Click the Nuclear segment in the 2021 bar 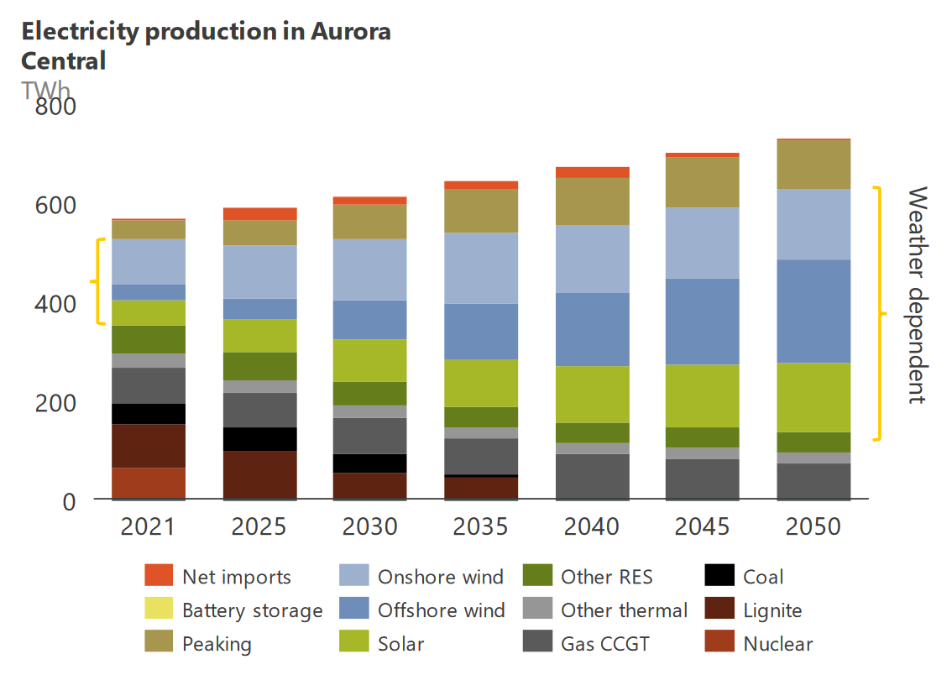[149, 483]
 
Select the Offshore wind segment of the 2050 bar [813, 311]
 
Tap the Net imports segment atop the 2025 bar [259, 213]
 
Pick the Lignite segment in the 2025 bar [259, 474]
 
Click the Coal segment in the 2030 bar [370, 463]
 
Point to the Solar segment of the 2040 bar [592, 394]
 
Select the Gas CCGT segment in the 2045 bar [703, 479]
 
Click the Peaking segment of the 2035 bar [481, 210]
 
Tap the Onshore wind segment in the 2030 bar [370, 269]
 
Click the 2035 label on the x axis [481, 526]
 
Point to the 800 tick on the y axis [54, 107]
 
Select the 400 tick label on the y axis [54, 304]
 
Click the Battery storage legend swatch [158, 610]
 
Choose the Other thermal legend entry [624, 610]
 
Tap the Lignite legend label [772, 610]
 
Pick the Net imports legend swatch [158, 577]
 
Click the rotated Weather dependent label [918, 295]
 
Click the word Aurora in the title [350, 32]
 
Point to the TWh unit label [46, 90]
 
